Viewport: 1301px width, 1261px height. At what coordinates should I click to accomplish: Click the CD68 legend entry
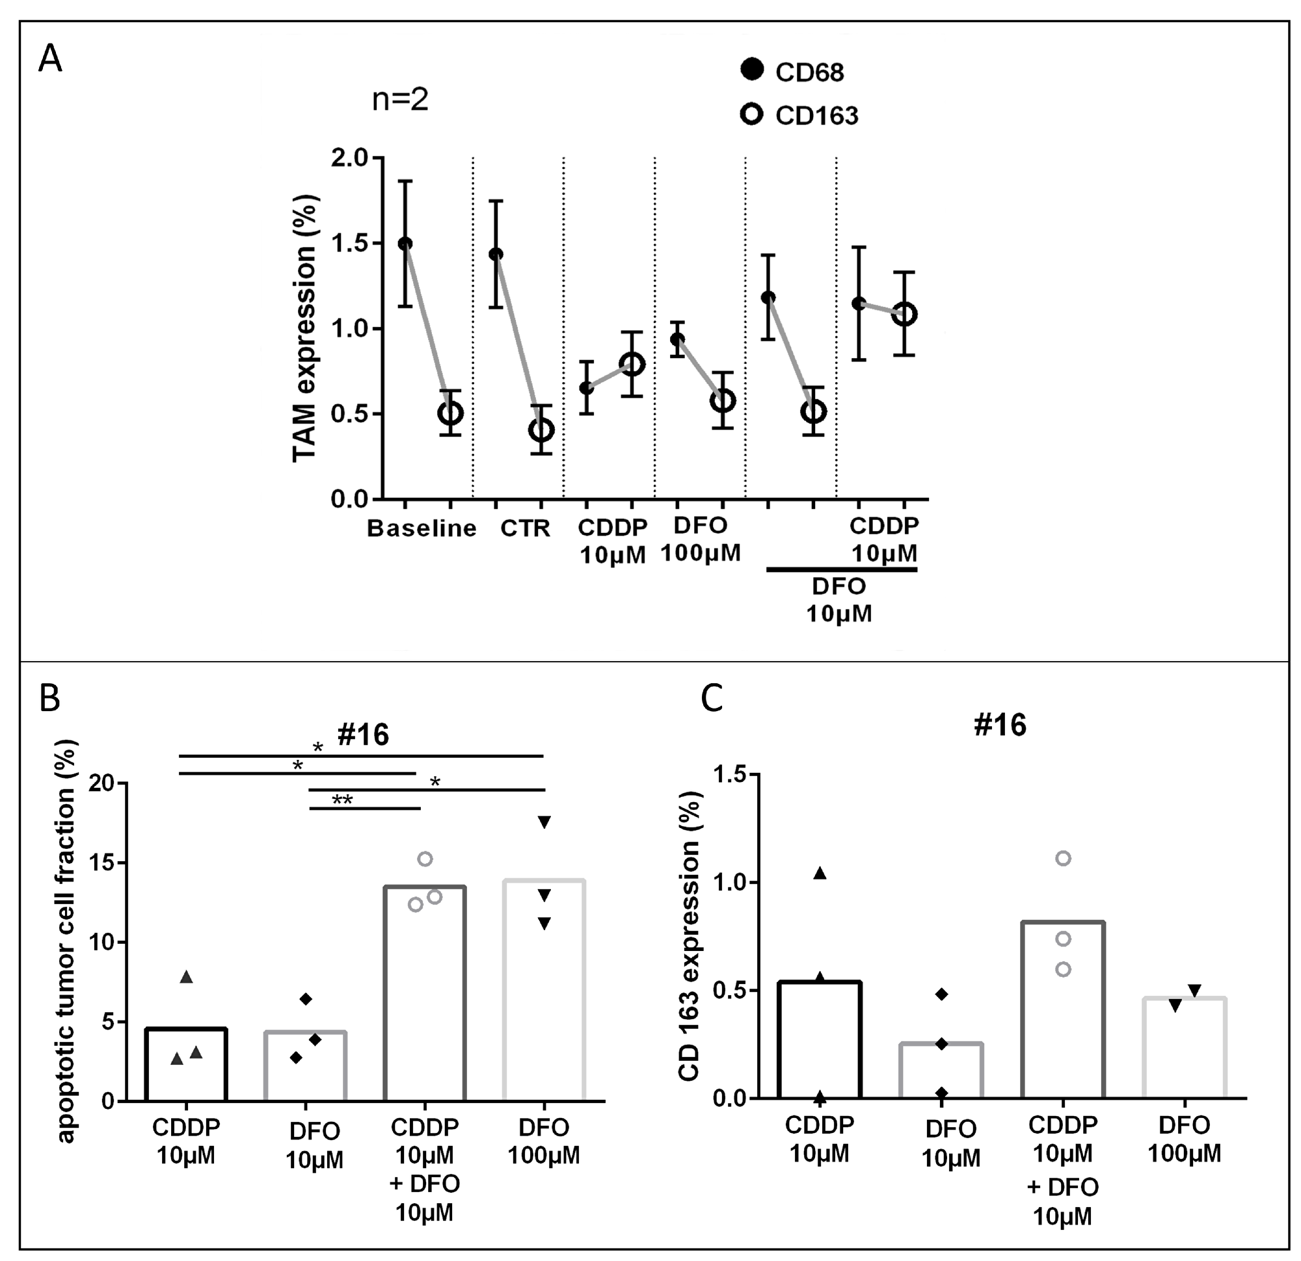(792, 71)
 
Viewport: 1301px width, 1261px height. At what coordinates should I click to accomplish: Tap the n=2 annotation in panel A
(400, 100)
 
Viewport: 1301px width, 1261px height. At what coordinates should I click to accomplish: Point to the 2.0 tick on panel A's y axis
(349, 158)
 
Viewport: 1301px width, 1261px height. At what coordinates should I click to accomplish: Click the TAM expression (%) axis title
(304, 328)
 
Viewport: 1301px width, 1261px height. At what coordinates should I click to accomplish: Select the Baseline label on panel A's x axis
(422, 528)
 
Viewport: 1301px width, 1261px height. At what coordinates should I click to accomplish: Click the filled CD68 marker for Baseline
(405, 244)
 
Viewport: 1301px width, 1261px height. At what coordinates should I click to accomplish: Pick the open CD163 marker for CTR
(541, 430)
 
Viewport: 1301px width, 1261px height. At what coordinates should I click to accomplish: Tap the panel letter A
(51, 59)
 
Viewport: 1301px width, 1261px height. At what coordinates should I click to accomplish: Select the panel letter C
(712, 699)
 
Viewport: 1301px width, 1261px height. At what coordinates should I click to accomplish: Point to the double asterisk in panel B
(342, 800)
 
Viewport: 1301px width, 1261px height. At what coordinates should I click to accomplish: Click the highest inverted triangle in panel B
(544, 822)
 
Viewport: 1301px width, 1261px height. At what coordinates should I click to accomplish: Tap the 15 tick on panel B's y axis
(102, 863)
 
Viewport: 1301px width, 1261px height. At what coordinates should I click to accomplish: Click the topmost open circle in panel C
(1063, 859)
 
